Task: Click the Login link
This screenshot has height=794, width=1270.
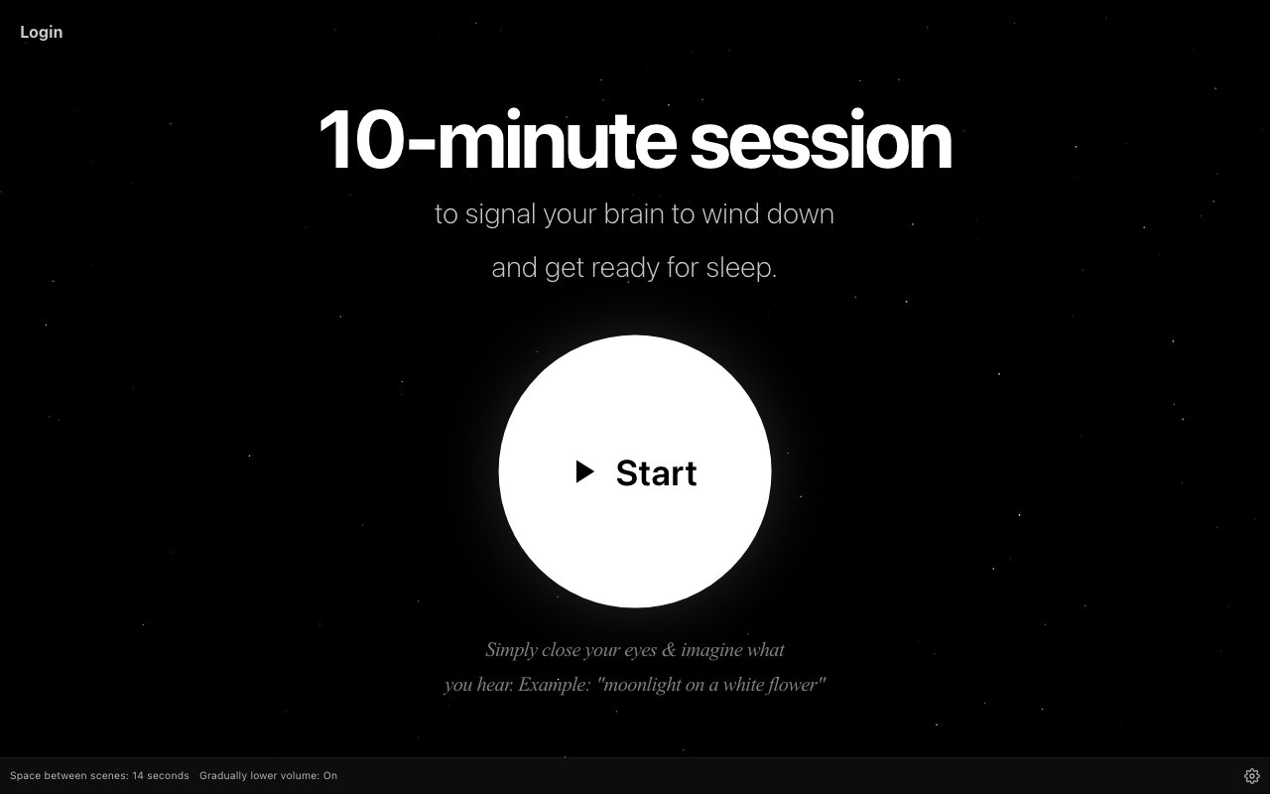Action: click(x=42, y=33)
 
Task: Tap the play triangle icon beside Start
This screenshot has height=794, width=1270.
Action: click(x=584, y=471)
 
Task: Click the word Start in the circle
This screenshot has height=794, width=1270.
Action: click(x=656, y=473)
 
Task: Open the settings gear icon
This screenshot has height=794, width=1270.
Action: click(x=1252, y=775)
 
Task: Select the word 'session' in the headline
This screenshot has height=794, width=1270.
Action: click(x=821, y=140)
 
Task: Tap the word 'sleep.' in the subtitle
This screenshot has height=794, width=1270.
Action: click(x=741, y=268)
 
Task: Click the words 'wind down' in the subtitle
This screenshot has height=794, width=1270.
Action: click(x=768, y=213)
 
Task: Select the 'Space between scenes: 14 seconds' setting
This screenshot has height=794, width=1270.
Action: click(x=99, y=775)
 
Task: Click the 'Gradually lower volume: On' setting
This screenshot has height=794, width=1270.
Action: click(x=268, y=775)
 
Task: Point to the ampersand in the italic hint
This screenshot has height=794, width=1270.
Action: click(x=669, y=649)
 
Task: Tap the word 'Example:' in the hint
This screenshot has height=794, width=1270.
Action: click(x=555, y=685)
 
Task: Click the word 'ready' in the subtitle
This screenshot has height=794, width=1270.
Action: click(x=625, y=269)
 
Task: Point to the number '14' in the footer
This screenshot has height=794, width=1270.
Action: click(x=138, y=775)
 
